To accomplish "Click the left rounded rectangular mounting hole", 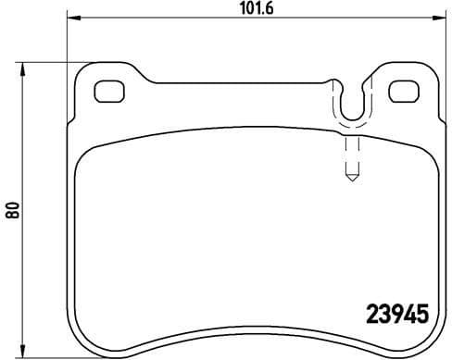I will [109, 92].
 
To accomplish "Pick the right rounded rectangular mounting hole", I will [403, 92].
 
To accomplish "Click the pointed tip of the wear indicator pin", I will [350, 179].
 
